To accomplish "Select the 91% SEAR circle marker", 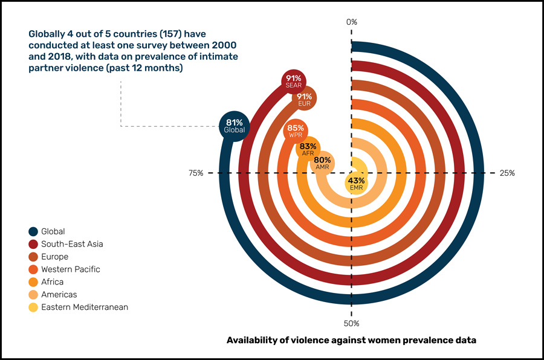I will point(296,82).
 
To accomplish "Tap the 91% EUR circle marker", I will point(304,100).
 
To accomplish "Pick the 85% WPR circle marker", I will point(296,131).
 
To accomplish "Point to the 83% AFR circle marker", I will point(308,149).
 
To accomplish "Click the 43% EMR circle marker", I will point(356,184).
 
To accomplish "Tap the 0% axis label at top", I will point(352,22).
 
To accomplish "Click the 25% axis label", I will point(507,173).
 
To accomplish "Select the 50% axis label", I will point(352,323).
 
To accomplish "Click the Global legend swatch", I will point(33,231).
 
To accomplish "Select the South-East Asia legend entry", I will point(72,244).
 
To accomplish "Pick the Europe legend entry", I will point(54,257).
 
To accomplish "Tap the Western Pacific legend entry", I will point(70,269).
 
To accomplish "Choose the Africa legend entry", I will point(52,282).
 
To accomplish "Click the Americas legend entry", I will point(59,295).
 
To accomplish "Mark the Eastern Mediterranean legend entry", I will point(84,307).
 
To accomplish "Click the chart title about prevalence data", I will point(351,340).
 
